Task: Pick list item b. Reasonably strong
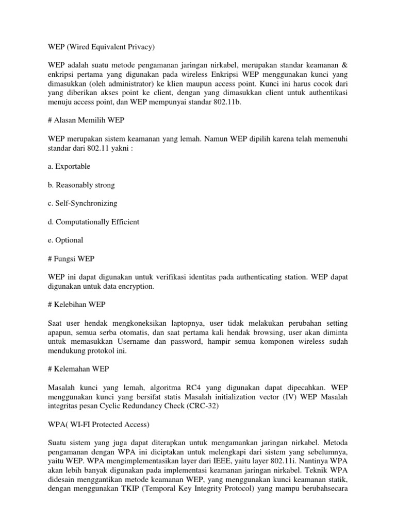coord(81,185)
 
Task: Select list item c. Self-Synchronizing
coord(82,203)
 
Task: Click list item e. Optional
coord(65,240)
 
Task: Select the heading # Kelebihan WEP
coord(77,305)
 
